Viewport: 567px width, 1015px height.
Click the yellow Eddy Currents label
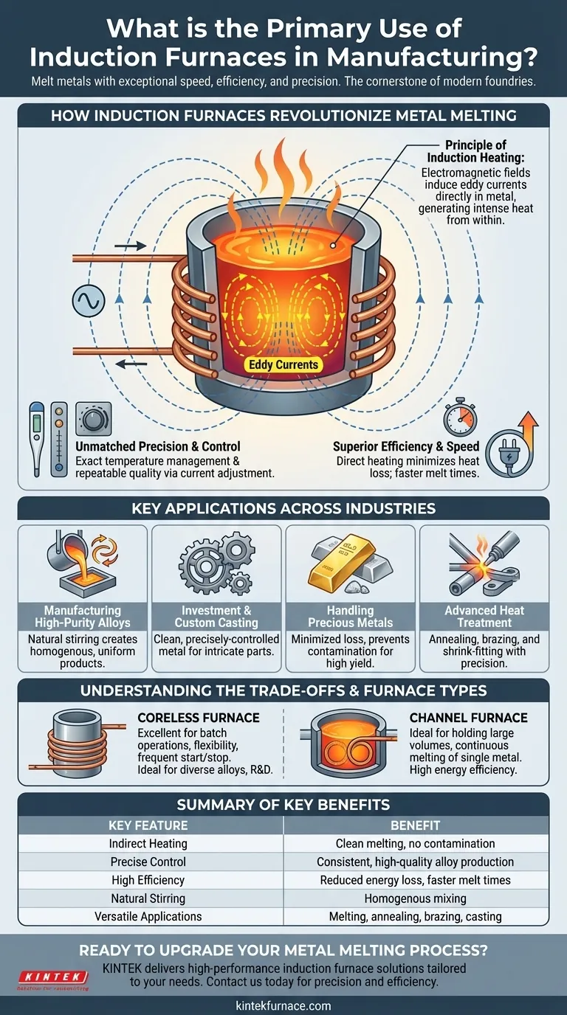point(283,364)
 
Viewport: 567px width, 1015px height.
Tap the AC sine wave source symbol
point(85,301)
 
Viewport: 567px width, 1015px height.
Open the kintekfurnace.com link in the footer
point(283,1005)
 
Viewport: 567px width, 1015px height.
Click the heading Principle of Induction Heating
point(475,151)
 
